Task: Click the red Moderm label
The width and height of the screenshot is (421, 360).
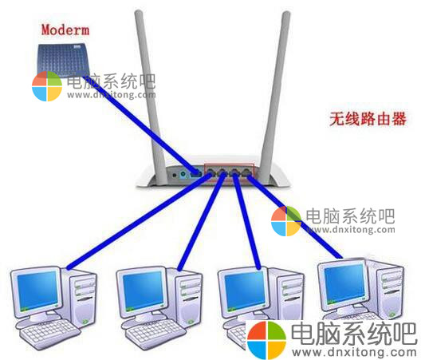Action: [65, 30]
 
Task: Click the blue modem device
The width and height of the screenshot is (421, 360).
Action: [63, 61]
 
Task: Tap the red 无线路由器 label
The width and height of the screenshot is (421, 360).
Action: [368, 119]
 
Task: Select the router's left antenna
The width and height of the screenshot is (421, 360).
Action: [151, 97]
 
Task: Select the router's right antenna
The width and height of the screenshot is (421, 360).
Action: [274, 97]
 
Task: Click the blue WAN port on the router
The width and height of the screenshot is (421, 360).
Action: [195, 173]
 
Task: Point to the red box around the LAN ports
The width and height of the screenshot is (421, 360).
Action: [229, 164]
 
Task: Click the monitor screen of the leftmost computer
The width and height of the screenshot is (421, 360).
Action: [37, 290]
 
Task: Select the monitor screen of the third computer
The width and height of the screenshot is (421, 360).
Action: [245, 291]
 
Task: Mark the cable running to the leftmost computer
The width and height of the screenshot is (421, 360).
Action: [139, 221]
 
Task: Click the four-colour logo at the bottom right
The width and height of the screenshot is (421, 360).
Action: [267, 339]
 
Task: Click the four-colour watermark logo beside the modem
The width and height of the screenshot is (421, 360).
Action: [47, 86]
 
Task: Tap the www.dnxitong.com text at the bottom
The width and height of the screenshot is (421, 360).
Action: [354, 352]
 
